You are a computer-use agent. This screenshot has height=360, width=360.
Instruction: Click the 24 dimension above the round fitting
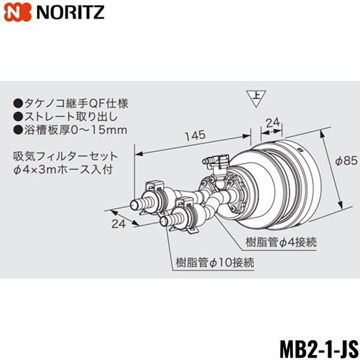(x=273, y=122)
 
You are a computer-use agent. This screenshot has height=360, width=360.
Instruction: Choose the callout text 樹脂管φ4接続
(x=281, y=242)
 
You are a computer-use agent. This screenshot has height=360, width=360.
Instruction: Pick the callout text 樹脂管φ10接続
(x=215, y=262)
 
